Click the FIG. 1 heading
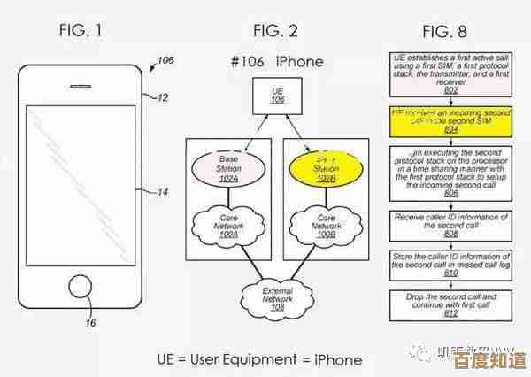coord(80,31)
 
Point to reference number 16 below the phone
coord(90,324)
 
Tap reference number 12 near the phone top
coord(163,97)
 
